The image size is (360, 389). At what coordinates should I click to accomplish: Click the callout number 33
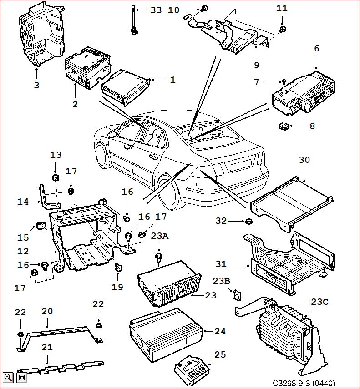(156, 10)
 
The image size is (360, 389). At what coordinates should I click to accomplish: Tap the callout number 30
(304, 160)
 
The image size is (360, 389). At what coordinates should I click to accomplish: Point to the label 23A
(159, 236)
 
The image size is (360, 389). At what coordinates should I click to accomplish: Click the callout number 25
(220, 354)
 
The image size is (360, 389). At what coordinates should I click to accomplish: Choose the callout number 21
(47, 347)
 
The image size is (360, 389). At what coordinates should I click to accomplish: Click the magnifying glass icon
(8, 377)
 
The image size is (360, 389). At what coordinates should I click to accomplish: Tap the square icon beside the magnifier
(22, 377)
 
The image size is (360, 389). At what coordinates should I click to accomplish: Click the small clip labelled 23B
(236, 294)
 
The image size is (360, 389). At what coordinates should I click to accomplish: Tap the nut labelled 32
(249, 222)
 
